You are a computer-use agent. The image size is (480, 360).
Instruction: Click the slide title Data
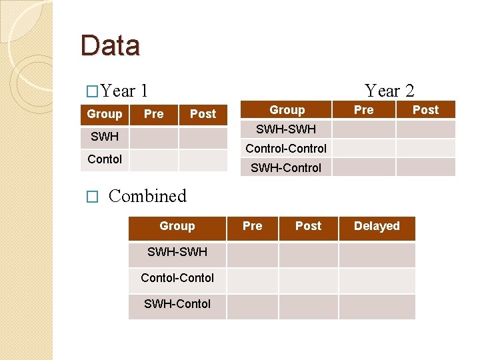point(110,45)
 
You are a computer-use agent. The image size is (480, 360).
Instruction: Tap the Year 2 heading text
point(389,91)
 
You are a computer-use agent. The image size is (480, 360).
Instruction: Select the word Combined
point(147,196)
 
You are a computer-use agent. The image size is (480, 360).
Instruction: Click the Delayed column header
point(377,227)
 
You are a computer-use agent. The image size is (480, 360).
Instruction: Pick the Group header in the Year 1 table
point(105,114)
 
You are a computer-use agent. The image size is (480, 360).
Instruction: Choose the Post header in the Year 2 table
point(425,110)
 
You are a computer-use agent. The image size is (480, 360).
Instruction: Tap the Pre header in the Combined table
point(252,227)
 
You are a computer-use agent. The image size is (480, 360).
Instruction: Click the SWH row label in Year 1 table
point(105,137)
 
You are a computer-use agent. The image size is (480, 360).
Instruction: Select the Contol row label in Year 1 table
point(105,159)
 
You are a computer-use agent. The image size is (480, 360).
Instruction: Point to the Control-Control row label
point(286,149)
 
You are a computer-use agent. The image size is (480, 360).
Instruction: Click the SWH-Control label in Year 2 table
point(286,168)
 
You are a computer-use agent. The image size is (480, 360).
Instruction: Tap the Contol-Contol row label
point(177,278)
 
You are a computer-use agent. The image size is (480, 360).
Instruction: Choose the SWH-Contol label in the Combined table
point(177,304)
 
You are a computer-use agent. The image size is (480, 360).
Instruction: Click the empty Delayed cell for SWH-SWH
point(377,255)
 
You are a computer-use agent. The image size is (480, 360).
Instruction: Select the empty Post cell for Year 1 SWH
point(203,138)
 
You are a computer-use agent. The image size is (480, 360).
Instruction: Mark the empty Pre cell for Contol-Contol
point(252,281)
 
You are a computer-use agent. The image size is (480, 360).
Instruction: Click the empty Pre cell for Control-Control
point(363,148)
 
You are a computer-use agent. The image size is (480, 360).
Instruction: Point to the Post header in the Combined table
point(308,227)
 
